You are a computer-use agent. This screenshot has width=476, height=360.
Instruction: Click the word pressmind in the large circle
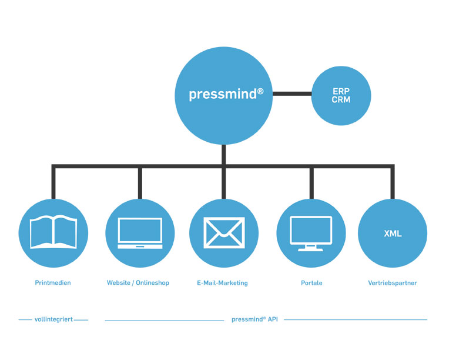coord(223,94)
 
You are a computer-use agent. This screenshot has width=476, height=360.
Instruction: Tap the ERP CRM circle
coord(341,96)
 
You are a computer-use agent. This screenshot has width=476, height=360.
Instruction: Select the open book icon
coord(53,232)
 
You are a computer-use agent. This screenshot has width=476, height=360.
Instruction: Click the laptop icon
coord(140,233)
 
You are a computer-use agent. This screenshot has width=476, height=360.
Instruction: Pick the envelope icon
coord(224,232)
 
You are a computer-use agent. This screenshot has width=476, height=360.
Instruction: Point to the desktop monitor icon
coord(311,234)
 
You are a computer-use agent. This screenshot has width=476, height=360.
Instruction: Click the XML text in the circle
coord(393,234)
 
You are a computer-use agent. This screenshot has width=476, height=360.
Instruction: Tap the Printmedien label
coord(53,283)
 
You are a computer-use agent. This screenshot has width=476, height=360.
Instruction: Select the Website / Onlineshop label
coord(138,283)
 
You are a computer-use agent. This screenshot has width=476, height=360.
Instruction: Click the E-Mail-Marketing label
coord(223,283)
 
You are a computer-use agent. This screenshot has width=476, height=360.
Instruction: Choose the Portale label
coord(311,283)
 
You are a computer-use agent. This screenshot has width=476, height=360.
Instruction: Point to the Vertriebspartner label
coord(392,283)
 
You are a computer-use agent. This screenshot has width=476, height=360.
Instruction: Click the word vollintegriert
coord(53,319)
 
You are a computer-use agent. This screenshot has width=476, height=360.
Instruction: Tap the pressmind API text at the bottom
coord(254,319)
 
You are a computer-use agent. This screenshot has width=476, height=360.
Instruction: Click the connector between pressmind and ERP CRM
coord(292,94)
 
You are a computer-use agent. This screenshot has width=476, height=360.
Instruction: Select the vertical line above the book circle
coord(53,182)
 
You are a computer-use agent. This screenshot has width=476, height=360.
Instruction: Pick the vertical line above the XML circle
coord(393,182)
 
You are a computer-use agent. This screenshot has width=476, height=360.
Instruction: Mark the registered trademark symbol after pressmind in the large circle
coord(260,91)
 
